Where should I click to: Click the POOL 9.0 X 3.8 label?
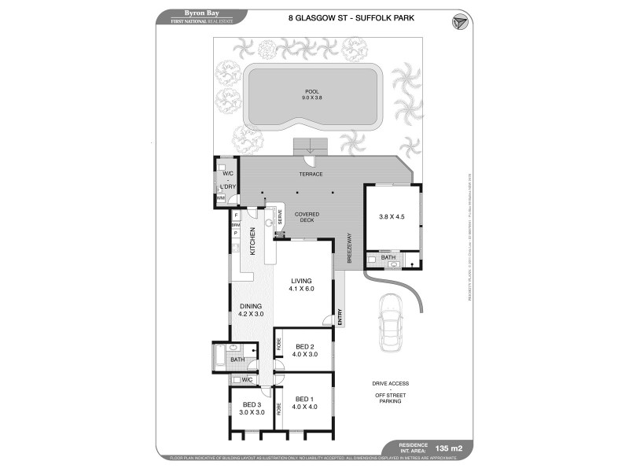point(314,94)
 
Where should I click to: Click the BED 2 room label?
point(306,350)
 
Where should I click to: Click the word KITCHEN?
point(252,239)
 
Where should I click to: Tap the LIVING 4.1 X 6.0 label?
point(302,284)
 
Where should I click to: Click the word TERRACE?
point(311,174)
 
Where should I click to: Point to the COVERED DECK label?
point(306,218)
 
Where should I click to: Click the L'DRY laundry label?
point(229,186)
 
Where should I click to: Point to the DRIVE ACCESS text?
point(391,383)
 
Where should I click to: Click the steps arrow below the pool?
point(311,146)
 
